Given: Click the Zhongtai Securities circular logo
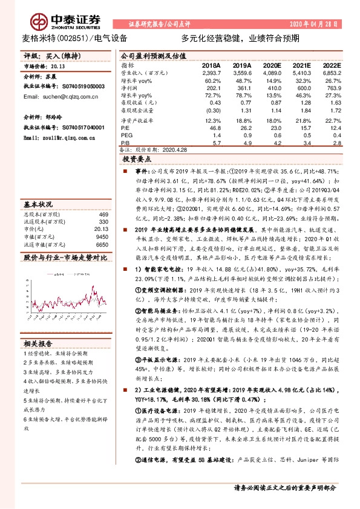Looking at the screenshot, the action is (41, 23).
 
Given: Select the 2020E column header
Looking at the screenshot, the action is (271, 65).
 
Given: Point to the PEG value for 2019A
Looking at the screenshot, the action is (245, 135).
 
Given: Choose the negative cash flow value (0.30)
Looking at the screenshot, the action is (213, 111).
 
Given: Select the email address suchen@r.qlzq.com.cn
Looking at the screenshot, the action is (62, 96).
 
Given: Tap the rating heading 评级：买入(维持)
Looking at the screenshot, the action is (47, 55).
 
